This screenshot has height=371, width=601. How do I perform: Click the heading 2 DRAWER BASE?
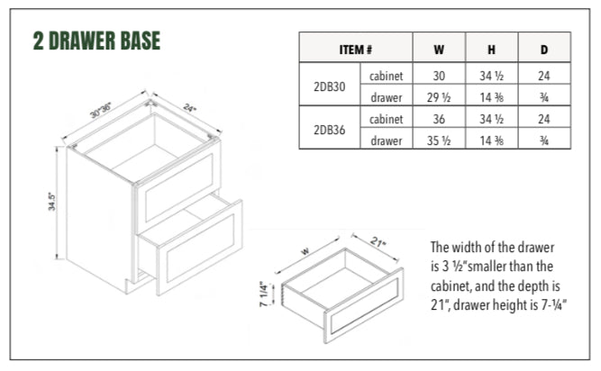pyautogui.click(x=96, y=41)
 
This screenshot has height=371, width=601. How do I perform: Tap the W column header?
pyautogui.click(x=438, y=50)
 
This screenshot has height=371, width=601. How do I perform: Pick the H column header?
pyautogui.click(x=492, y=50)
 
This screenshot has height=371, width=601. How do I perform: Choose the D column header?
pyautogui.click(x=544, y=50)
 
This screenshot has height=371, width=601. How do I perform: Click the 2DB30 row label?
pyautogui.click(x=329, y=86)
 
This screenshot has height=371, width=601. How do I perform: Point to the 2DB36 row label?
pyautogui.click(x=329, y=129)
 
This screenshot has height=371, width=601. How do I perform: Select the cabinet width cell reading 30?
pyautogui.click(x=438, y=76)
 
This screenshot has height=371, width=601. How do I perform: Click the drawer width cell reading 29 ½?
pyautogui.click(x=438, y=97)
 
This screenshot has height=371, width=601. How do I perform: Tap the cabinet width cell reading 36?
pyautogui.click(x=438, y=118)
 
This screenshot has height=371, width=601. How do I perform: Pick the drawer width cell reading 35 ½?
pyautogui.click(x=438, y=140)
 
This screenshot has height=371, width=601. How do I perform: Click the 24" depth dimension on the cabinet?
pyautogui.click(x=190, y=105)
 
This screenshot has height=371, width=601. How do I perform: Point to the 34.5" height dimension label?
pyautogui.click(x=53, y=203)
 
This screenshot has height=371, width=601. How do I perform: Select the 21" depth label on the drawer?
pyautogui.click(x=378, y=242)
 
